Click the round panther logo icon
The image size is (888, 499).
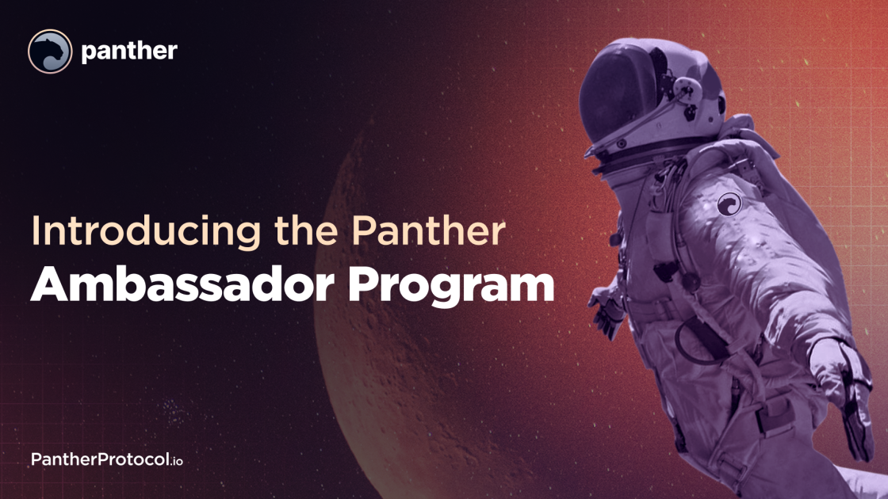(x=50, y=51)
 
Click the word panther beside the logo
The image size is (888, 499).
(x=129, y=51)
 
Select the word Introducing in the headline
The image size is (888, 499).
(x=146, y=232)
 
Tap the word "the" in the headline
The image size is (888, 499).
(x=306, y=230)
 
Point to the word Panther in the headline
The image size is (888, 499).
(x=428, y=230)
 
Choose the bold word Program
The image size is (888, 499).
(x=451, y=286)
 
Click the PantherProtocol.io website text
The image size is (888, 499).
(x=107, y=459)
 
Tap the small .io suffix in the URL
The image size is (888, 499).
(x=176, y=461)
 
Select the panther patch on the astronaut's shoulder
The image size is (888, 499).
(x=729, y=204)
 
